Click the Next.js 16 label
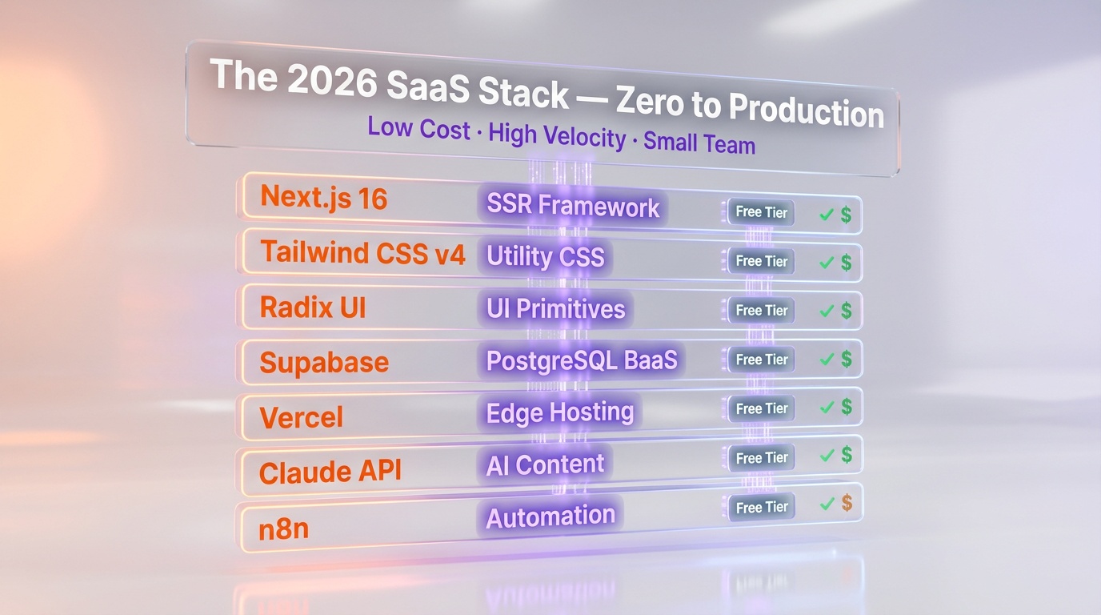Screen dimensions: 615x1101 click(x=324, y=197)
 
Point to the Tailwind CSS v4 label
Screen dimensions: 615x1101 click(x=362, y=252)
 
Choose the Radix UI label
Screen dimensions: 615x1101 click(x=313, y=307)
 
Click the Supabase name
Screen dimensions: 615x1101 click(x=324, y=362)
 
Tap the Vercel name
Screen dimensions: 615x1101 click(x=301, y=417)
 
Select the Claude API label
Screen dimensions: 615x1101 click(x=329, y=472)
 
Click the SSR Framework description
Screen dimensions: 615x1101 click(x=573, y=206)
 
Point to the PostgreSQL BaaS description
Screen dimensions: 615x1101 click(x=582, y=360)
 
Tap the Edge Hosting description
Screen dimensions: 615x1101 click(x=560, y=412)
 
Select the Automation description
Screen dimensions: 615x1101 click(x=550, y=517)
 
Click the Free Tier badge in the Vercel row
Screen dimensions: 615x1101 click(x=761, y=408)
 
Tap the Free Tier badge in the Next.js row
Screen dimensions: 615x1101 click(x=761, y=212)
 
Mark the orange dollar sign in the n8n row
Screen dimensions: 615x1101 click(x=847, y=503)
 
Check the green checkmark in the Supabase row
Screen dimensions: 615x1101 click(x=827, y=360)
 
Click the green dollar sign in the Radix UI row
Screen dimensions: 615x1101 click(x=846, y=311)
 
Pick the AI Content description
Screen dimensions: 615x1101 click(x=545, y=464)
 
